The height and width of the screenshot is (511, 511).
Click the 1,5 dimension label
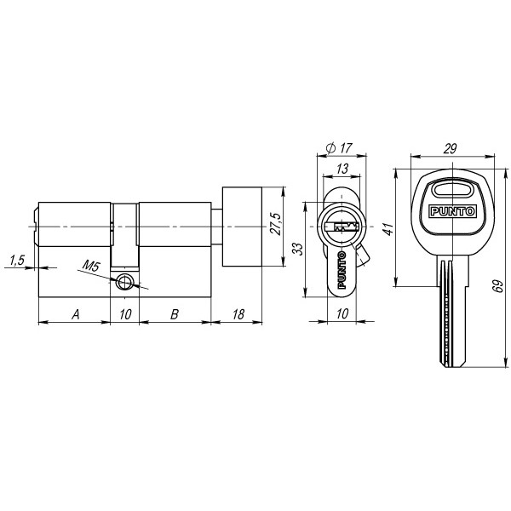click(x=15, y=260)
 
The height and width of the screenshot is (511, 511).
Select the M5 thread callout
click(x=93, y=267)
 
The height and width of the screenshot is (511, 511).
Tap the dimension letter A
click(x=75, y=315)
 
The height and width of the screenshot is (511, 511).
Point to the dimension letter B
click(x=174, y=315)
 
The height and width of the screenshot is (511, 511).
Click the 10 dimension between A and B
click(x=124, y=315)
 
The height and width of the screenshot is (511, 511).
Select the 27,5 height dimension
click(x=274, y=226)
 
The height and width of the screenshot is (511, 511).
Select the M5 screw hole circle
click(x=125, y=283)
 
